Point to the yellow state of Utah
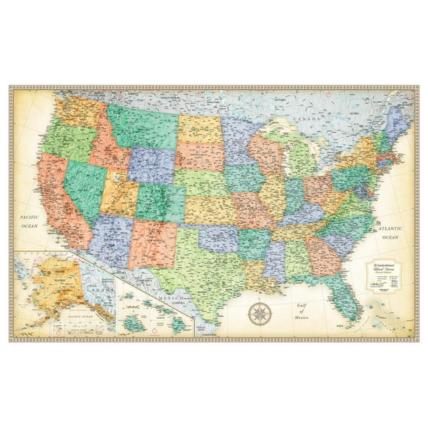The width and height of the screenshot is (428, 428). [x=119, y=192]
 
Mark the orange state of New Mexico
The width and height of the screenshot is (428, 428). [x=152, y=241]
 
